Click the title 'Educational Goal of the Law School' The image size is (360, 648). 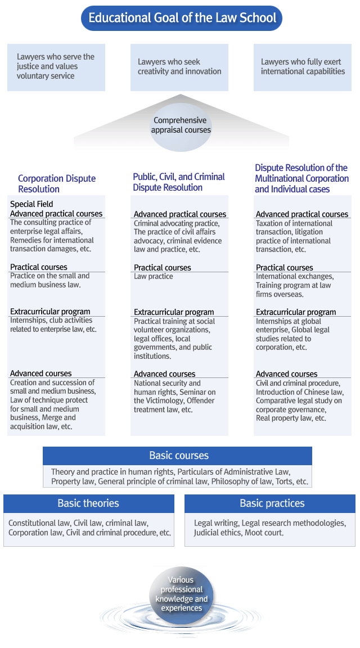[x=182, y=18]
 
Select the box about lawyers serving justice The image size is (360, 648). [x=56, y=67]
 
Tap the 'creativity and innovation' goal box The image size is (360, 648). [x=179, y=67]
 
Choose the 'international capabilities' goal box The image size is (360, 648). [x=303, y=67]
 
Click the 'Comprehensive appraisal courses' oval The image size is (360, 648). [x=181, y=125]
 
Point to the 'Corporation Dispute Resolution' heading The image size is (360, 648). [x=57, y=184]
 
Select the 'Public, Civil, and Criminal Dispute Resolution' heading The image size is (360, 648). [x=179, y=182]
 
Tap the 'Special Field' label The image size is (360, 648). [x=31, y=204]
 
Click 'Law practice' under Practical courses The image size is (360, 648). [x=154, y=277]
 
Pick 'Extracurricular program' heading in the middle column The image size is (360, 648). [x=174, y=312]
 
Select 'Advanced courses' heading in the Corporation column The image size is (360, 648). [x=41, y=373]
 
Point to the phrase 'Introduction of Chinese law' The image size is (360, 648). [x=299, y=392]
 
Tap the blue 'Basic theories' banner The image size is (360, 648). [x=88, y=503]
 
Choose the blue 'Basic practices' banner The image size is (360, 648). [x=272, y=503]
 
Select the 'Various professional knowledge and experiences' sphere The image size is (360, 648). [x=181, y=594]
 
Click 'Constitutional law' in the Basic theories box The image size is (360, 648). [x=38, y=523]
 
